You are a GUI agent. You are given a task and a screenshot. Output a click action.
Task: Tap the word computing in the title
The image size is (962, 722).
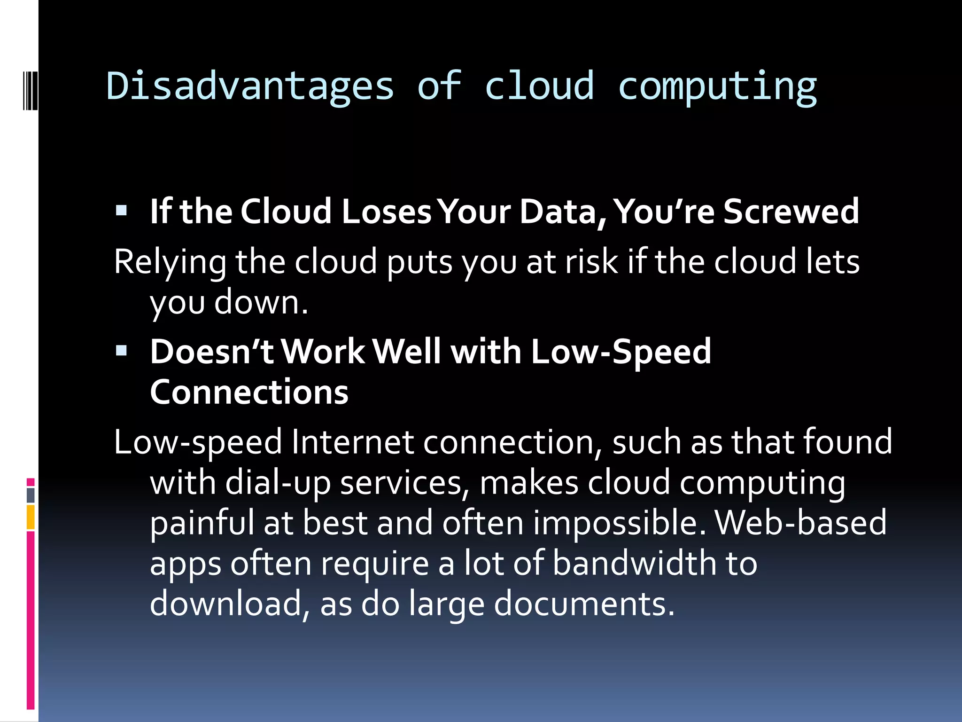point(717,87)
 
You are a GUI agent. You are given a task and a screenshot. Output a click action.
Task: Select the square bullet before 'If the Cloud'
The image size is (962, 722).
point(121,210)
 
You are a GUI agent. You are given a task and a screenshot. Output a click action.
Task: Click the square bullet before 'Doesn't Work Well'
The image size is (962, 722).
point(121,350)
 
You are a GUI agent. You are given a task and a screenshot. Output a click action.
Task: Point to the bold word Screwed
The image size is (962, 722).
point(791,211)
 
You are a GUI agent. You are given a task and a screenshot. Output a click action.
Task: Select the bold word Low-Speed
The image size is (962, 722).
point(621,352)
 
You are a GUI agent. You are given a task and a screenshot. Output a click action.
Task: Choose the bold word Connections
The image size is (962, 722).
point(249,392)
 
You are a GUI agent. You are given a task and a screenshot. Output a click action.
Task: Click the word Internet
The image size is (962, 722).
point(352,442)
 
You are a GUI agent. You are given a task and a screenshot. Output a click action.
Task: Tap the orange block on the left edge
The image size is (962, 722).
point(31,517)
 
